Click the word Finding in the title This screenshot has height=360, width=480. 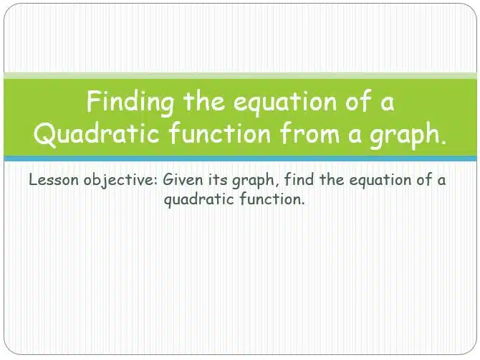coord(130,103)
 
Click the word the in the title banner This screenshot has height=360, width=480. coord(204,101)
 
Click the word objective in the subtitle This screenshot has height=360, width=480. coord(120,181)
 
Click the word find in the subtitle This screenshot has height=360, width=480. coord(299,179)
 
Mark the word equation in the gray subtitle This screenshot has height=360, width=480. coord(380,181)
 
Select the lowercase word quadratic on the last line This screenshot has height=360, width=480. coord(199,200)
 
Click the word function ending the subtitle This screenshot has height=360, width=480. coord(272,199)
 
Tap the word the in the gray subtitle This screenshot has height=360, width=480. coord(332,179)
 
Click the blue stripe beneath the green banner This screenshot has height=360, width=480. coord(240,158)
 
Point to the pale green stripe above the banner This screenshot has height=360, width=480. coord(240,76)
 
